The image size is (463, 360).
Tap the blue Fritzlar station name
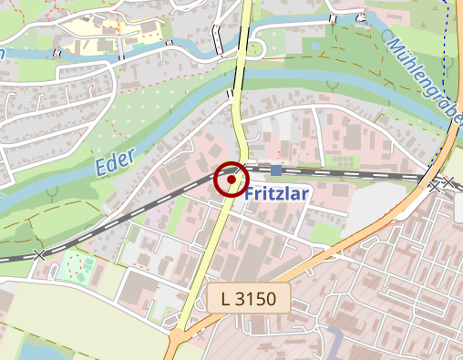click(x=278, y=194)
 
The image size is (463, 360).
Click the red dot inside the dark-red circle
click(x=231, y=180)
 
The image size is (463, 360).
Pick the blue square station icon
click(x=275, y=170)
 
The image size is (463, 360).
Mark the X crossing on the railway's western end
click(x=38, y=254)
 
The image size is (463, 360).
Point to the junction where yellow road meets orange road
click(x=180, y=334)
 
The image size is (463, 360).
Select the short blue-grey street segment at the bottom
click(x=334, y=343)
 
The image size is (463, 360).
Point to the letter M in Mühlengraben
click(x=395, y=43)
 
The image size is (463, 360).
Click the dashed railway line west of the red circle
click(x=137, y=217)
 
